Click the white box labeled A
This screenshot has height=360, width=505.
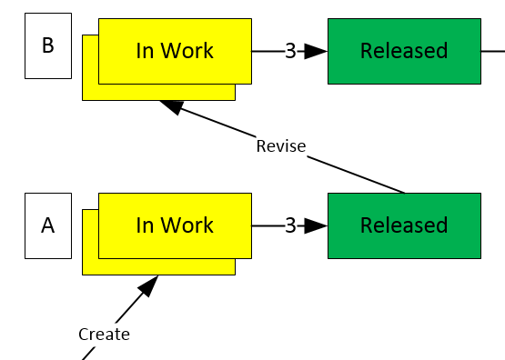point(47,225)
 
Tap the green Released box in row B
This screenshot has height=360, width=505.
point(403,51)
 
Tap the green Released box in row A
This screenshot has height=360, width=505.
point(403,225)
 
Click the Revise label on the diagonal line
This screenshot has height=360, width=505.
point(280,146)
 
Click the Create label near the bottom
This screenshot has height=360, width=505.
point(104,335)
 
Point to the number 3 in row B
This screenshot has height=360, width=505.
point(290,51)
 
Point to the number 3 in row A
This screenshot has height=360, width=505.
point(290,225)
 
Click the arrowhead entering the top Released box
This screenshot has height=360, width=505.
point(316,51)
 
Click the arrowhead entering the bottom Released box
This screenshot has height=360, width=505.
point(316,225)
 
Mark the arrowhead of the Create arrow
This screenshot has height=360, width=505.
point(148,285)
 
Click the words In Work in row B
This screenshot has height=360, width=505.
point(175,51)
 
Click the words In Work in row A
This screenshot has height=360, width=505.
point(175,225)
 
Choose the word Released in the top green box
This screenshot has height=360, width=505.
point(404,51)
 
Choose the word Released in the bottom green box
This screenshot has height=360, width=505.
point(404,225)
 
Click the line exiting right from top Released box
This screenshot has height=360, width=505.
point(492,51)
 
